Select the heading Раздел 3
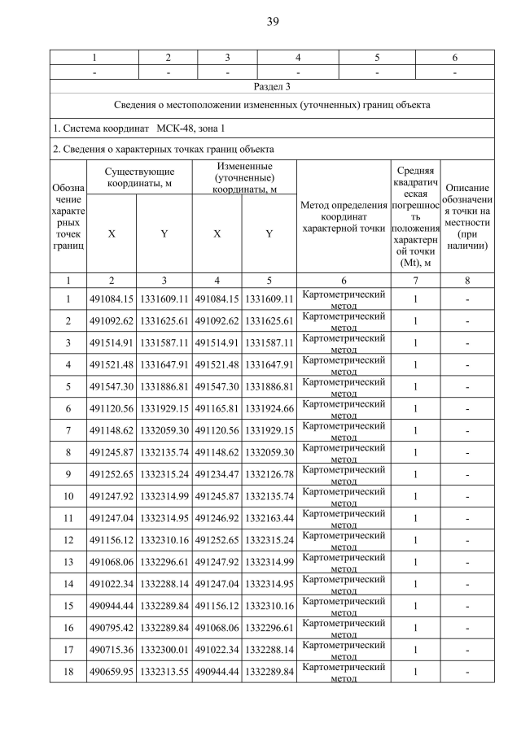click(272, 85)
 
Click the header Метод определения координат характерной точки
click(343, 216)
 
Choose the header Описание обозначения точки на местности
click(467, 216)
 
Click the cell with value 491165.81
click(217, 408)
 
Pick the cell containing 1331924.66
click(269, 408)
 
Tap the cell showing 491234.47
click(217, 474)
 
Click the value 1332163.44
click(269, 518)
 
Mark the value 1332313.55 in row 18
click(164, 672)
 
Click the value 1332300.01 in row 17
click(164, 650)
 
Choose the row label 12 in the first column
click(68, 540)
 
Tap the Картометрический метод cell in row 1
click(343, 298)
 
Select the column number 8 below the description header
click(467, 280)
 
